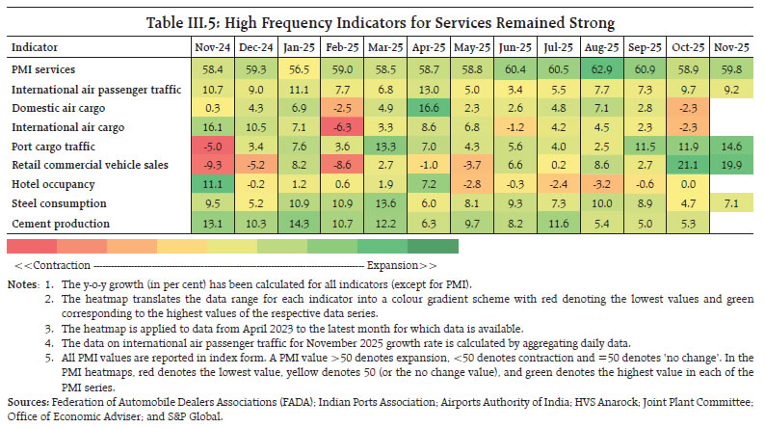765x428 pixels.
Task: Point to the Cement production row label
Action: pos(57,223)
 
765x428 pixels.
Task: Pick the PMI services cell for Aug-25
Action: pos(573,68)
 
